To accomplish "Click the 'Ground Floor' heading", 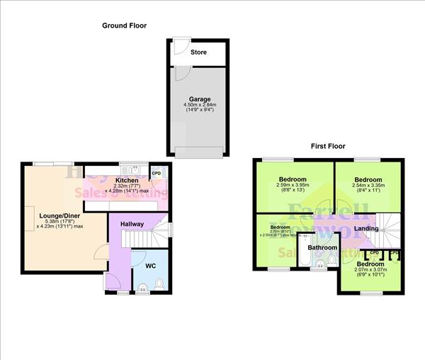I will click(x=124, y=26).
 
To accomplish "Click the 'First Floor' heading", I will click(x=327, y=146).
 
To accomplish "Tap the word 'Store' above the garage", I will click(x=199, y=52).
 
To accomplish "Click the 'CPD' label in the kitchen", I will click(x=157, y=173).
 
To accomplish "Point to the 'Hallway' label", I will click(x=132, y=224).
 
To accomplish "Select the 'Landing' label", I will click(x=365, y=228).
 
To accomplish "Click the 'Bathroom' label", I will click(x=322, y=247).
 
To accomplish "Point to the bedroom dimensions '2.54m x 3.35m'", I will click(x=368, y=187).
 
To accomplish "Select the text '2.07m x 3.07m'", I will click(x=371, y=271).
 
